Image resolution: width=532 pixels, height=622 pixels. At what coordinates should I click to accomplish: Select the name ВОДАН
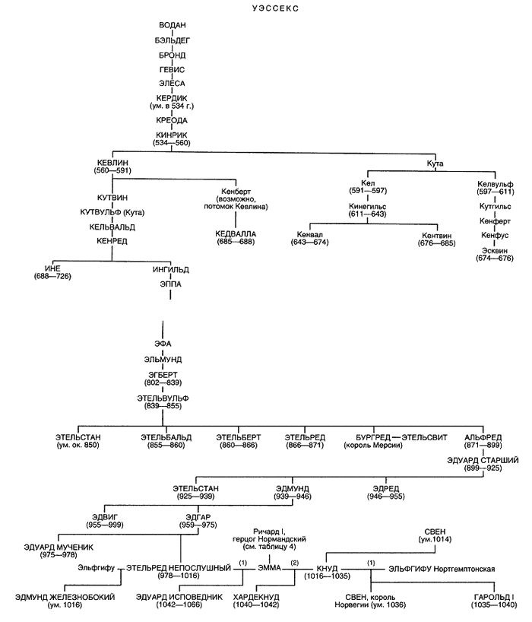[x=167, y=27]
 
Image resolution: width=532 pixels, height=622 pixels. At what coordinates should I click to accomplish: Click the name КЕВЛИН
[x=112, y=163]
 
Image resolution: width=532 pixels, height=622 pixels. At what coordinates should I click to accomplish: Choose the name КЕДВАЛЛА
[x=236, y=233]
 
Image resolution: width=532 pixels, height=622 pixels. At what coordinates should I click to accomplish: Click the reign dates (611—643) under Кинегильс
[x=369, y=216]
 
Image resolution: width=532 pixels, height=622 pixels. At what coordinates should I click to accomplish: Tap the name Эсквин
[x=495, y=250]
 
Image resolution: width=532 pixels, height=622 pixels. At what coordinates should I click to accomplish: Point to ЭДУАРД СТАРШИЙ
[x=482, y=461]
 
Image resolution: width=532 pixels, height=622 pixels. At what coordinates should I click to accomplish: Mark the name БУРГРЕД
[x=372, y=438]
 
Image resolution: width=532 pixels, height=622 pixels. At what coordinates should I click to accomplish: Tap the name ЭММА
[x=269, y=568]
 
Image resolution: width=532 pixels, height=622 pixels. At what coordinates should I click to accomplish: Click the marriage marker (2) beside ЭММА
[x=295, y=563]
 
